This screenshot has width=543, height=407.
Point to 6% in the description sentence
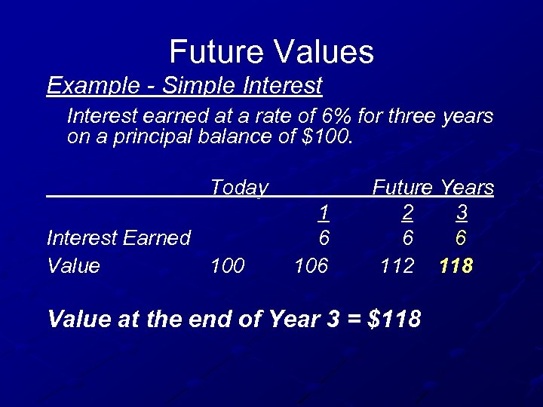coord(341,116)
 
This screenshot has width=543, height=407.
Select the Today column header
coord(238,187)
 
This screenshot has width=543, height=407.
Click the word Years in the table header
coord(467,187)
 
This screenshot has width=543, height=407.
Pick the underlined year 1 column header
coord(323,213)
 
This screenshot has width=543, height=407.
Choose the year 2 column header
coord(407,213)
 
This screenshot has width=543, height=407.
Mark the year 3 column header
coord(462,213)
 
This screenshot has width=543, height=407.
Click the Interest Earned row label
coord(118,238)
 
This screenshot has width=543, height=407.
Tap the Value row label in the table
coord(73,265)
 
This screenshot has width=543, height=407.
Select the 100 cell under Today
coord(227,265)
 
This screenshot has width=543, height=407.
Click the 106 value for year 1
coord(312,265)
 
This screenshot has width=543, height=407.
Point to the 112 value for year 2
coord(397,265)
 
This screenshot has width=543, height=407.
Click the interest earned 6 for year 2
coord(407,238)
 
